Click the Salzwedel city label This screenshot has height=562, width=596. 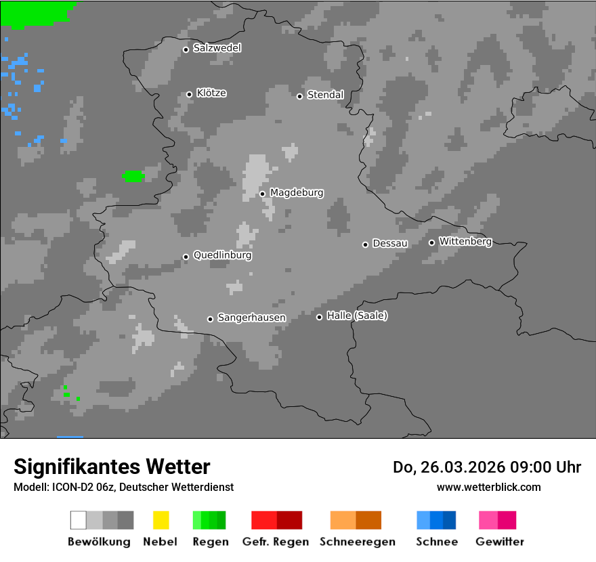217,48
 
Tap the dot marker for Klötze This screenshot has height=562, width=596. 189,94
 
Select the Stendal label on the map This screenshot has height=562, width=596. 325,95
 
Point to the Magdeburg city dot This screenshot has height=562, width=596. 262,194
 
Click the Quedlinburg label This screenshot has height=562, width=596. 222,255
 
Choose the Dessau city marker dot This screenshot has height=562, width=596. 365,244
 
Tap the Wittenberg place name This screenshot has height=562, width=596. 465,241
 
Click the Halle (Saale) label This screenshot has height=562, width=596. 357,316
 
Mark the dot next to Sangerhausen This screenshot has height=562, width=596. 210,319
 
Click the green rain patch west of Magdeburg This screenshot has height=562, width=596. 133,176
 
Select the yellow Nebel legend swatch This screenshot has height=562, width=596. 161,520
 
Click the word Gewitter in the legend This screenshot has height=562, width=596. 499,542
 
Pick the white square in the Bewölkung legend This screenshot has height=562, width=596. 79,520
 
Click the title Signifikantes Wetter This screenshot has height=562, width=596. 112,467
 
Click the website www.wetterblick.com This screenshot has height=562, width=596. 488,487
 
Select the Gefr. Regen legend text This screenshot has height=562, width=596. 275,542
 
